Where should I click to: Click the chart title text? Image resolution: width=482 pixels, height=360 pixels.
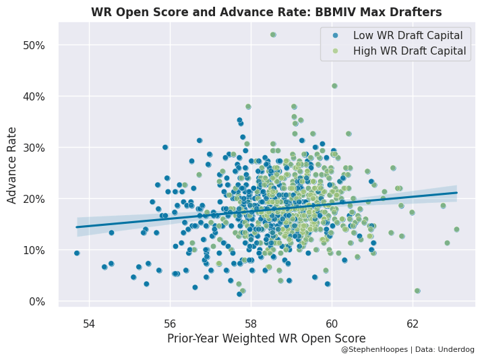[x=266, y=12]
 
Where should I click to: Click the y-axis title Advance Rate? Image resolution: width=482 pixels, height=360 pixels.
[x=12, y=173]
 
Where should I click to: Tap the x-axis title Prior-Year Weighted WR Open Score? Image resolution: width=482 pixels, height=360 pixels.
[x=266, y=338]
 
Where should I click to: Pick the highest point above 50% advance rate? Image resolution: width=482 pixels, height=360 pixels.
[x=273, y=35]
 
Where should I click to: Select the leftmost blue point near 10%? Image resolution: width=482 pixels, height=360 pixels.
[x=77, y=253]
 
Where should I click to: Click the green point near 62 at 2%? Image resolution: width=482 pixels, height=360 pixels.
[x=417, y=291]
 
